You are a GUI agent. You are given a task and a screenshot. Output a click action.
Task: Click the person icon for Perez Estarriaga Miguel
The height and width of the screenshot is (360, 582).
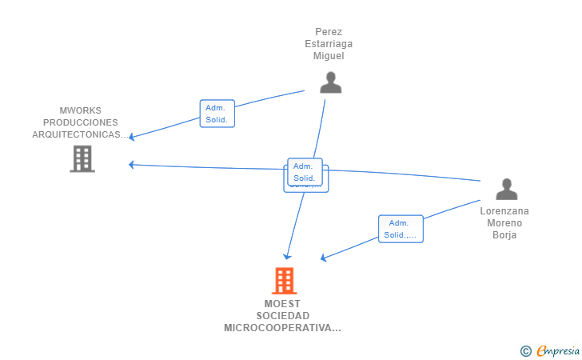330,83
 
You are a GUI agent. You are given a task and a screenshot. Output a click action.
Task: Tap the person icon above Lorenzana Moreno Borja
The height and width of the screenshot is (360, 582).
506,190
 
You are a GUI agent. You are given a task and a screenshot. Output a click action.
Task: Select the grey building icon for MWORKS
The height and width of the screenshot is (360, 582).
82,158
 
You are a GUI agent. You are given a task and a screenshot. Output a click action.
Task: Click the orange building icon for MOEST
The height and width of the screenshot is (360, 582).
284,281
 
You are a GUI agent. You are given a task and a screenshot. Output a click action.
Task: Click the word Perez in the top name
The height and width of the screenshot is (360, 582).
329,32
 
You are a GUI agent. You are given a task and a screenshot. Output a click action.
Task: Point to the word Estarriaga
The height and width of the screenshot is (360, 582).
329,44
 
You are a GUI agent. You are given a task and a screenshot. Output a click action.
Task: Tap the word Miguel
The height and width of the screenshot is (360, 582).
329,56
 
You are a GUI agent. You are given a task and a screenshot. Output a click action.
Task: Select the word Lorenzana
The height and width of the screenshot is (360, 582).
504,211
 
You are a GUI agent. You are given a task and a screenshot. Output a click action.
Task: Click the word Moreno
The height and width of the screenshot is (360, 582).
504,223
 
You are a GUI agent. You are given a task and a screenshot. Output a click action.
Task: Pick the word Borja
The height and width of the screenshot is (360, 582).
504,235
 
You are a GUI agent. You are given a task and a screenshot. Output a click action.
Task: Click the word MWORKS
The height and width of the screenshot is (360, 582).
81,110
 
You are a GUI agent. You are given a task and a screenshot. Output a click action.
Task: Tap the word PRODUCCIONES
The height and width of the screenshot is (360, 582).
81,122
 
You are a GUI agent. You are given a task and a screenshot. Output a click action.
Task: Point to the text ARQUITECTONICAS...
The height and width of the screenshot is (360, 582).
78,134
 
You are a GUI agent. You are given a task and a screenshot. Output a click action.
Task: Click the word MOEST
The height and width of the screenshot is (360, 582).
282,304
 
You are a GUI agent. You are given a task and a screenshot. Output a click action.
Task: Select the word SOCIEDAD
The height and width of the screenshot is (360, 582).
282,316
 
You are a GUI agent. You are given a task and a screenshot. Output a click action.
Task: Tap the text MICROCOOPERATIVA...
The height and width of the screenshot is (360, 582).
281,328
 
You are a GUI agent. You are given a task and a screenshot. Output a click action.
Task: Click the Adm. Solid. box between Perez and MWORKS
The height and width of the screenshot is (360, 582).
217,114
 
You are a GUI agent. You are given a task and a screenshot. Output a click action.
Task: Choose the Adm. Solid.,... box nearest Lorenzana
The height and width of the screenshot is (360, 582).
401,229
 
